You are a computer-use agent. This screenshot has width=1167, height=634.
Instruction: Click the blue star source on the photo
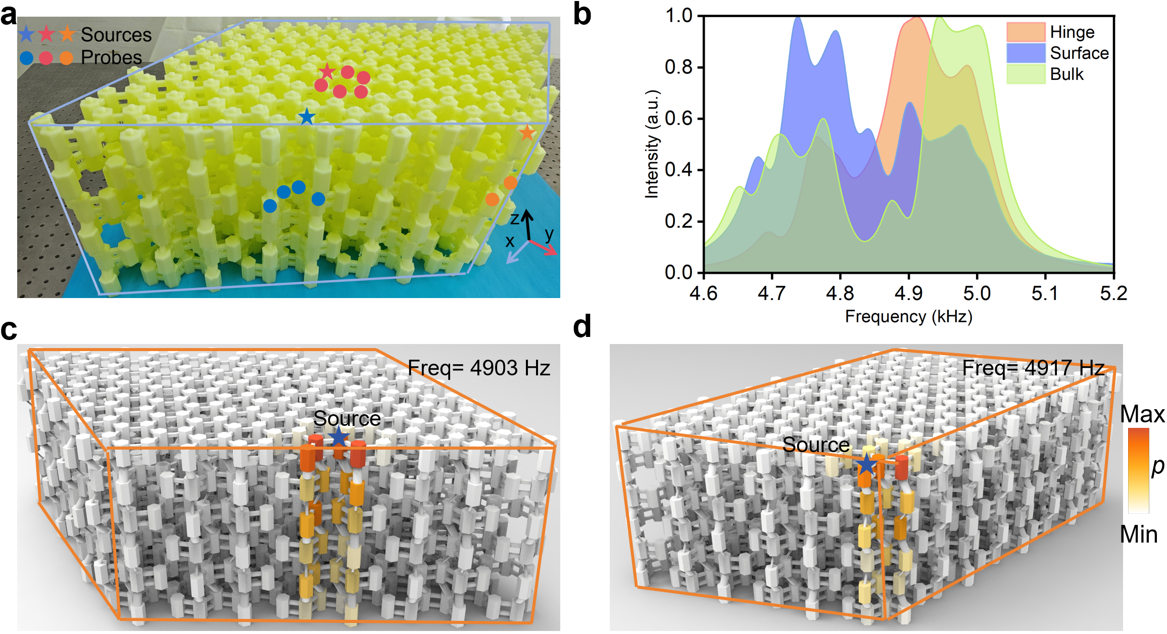[x=307, y=118]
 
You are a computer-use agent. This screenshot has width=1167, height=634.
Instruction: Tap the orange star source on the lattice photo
[x=527, y=133]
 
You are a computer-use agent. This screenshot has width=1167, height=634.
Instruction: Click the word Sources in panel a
[x=116, y=34]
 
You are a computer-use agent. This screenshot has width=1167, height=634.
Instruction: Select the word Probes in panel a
[x=111, y=58]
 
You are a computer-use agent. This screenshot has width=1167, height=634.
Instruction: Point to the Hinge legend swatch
[x=1025, y=32]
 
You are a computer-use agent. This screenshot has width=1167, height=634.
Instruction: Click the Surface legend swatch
[x=1025, y=53]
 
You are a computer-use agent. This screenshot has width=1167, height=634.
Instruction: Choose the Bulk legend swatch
[x=1025, y=74]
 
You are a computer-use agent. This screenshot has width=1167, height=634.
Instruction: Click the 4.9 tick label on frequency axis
[x=908, y=293]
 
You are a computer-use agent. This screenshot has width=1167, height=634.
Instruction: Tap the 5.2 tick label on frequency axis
[x=1113, y=293]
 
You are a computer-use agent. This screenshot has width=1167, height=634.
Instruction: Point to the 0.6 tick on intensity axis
[x=678, y=119]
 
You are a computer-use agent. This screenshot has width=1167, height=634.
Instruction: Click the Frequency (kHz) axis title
[x=908, y=317]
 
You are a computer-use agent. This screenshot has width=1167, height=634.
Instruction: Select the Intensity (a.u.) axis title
[x=652, y=144]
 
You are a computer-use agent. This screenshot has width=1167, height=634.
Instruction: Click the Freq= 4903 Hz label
[x=478, y=368]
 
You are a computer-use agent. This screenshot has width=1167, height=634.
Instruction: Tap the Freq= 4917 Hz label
[x=1033, y=368]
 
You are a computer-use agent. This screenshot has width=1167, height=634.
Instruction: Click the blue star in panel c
[x=338, y=437]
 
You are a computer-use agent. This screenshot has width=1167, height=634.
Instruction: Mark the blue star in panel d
[x=867, y=464]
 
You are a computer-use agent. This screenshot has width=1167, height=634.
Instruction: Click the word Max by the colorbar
[x=1142, y=414]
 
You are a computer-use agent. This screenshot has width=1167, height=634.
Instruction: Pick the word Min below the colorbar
[x=1139, y=534]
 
